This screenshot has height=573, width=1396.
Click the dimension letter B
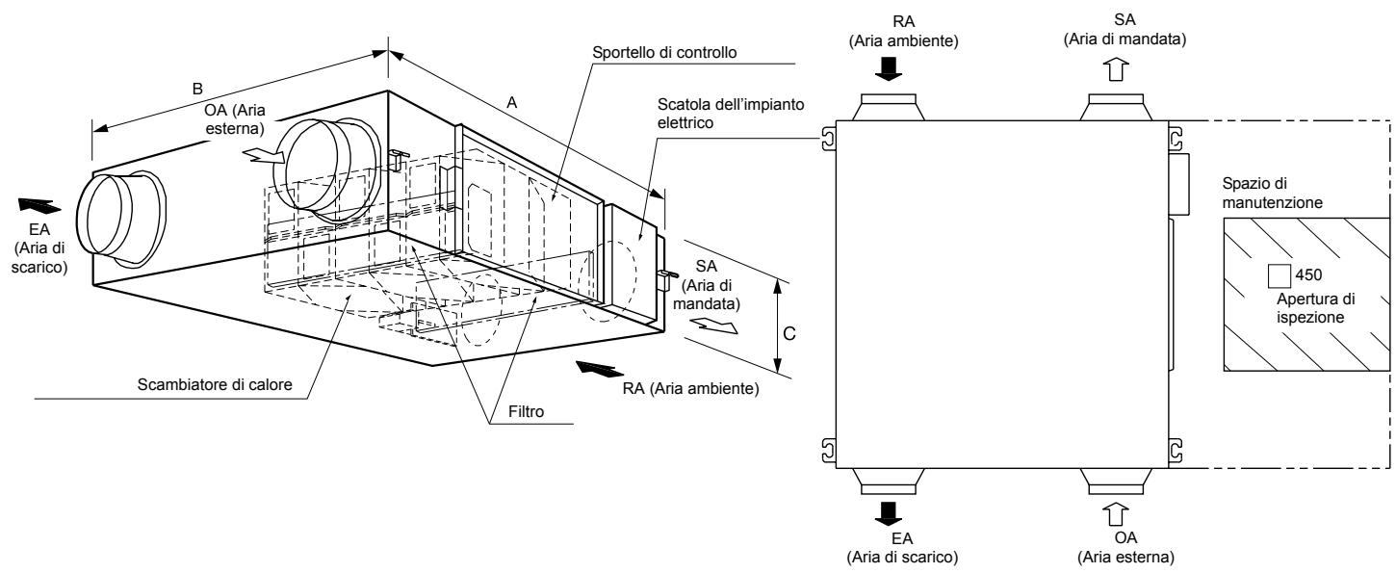(x=196, y=88)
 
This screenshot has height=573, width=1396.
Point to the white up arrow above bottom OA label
(x=1115, y=514)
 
